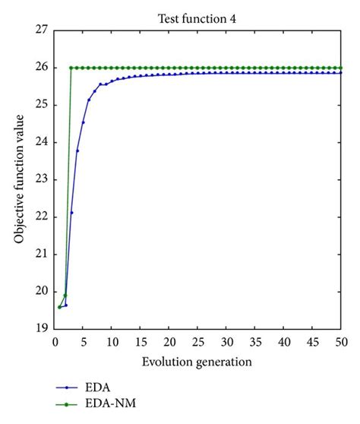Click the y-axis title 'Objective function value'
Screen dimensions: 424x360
click(18, 179)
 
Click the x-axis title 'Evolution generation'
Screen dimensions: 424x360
click(195, 363)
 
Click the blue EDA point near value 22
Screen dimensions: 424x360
click(71, 212)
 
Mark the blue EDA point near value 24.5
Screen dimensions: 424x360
click(83, 122)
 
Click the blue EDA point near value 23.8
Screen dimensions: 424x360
click(77, 150)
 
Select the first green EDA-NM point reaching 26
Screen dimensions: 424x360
click(71, 68)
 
